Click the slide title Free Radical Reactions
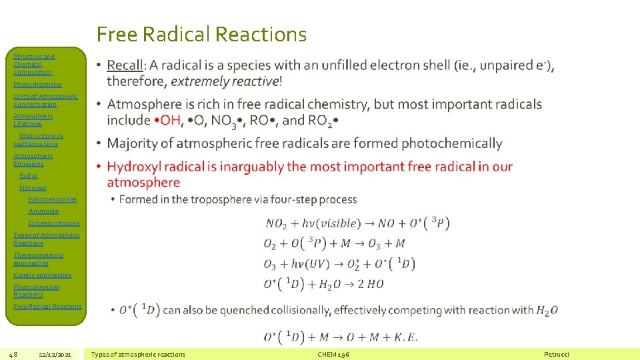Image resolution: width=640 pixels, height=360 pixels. pos(201,34)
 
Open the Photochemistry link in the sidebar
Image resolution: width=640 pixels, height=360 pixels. pos(37,85)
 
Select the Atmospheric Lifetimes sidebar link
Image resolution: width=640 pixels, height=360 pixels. pos(33,119)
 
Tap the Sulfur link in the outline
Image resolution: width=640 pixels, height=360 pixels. pos(29,176)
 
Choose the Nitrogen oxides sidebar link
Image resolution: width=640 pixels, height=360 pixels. pos(52,199)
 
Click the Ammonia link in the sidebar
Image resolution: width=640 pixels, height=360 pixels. pos(43,211)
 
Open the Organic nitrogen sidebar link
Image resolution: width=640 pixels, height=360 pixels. pos(54,223)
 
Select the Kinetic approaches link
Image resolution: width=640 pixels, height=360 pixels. pos(42,275)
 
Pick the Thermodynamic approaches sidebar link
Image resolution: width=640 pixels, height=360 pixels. pos(38,259)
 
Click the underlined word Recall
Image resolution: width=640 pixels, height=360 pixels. pos(125,65)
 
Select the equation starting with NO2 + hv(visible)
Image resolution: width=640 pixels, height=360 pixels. pos(357,223)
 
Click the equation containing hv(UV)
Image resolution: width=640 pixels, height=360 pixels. pos(339,264)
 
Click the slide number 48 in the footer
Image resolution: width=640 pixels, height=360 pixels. pos(13,354)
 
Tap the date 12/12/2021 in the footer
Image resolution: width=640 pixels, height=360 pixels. pos(55,354)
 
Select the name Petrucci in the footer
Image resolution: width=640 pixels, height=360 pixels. pos(557,354)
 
